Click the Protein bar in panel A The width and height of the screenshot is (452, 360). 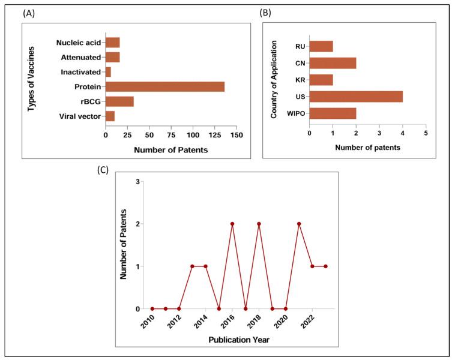165,86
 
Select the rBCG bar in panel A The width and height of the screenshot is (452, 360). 119,101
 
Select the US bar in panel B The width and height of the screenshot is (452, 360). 356,96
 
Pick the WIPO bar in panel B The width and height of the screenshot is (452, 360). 333,113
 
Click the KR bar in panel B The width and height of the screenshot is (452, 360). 321,80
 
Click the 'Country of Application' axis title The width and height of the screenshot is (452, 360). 274,79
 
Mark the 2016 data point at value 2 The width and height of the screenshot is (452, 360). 232,224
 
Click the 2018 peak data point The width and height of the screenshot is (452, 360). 259,224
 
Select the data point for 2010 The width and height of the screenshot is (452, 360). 152,309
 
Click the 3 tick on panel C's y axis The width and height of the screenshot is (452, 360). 138,182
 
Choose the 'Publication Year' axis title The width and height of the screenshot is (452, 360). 239,340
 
